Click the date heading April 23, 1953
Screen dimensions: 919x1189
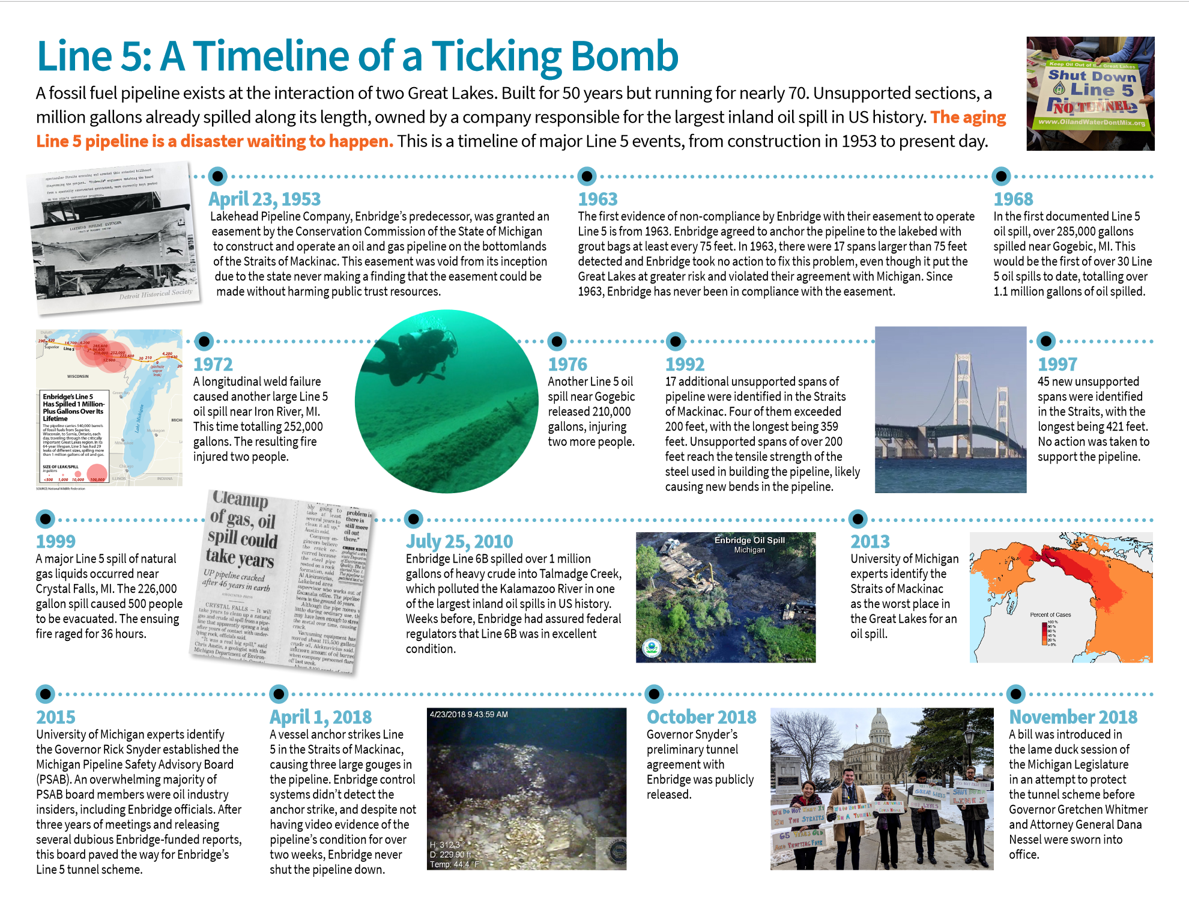click(x=264, y=199)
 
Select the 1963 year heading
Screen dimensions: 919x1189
click(x=598, y=199)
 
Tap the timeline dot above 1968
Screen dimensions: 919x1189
click(x=1001, y=176)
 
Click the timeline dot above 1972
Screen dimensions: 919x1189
click(x=204, y=341)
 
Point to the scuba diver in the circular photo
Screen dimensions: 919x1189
click(x=420, y=354)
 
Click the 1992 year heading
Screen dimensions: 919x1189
click(x=685, y=364)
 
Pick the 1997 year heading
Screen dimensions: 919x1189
click(x=1057, y=364)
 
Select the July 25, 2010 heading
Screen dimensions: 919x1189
click(x=459, y=541)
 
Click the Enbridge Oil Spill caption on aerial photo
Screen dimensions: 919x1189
click(x=749, y=540)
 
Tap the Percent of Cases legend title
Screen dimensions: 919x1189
click(x=1050, y=614)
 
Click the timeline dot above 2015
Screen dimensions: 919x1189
click(x=45, y=694)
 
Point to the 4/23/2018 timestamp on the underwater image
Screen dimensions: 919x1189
click(x=468, y=714)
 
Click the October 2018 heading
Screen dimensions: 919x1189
click(x=701, y=717)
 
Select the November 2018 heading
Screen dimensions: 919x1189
click(x=1073, y=717)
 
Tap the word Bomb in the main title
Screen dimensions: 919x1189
click(x=625, y=56)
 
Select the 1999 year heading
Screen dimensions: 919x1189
click(x=56, y=541)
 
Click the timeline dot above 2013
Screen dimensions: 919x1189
click(x=858, y=518)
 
